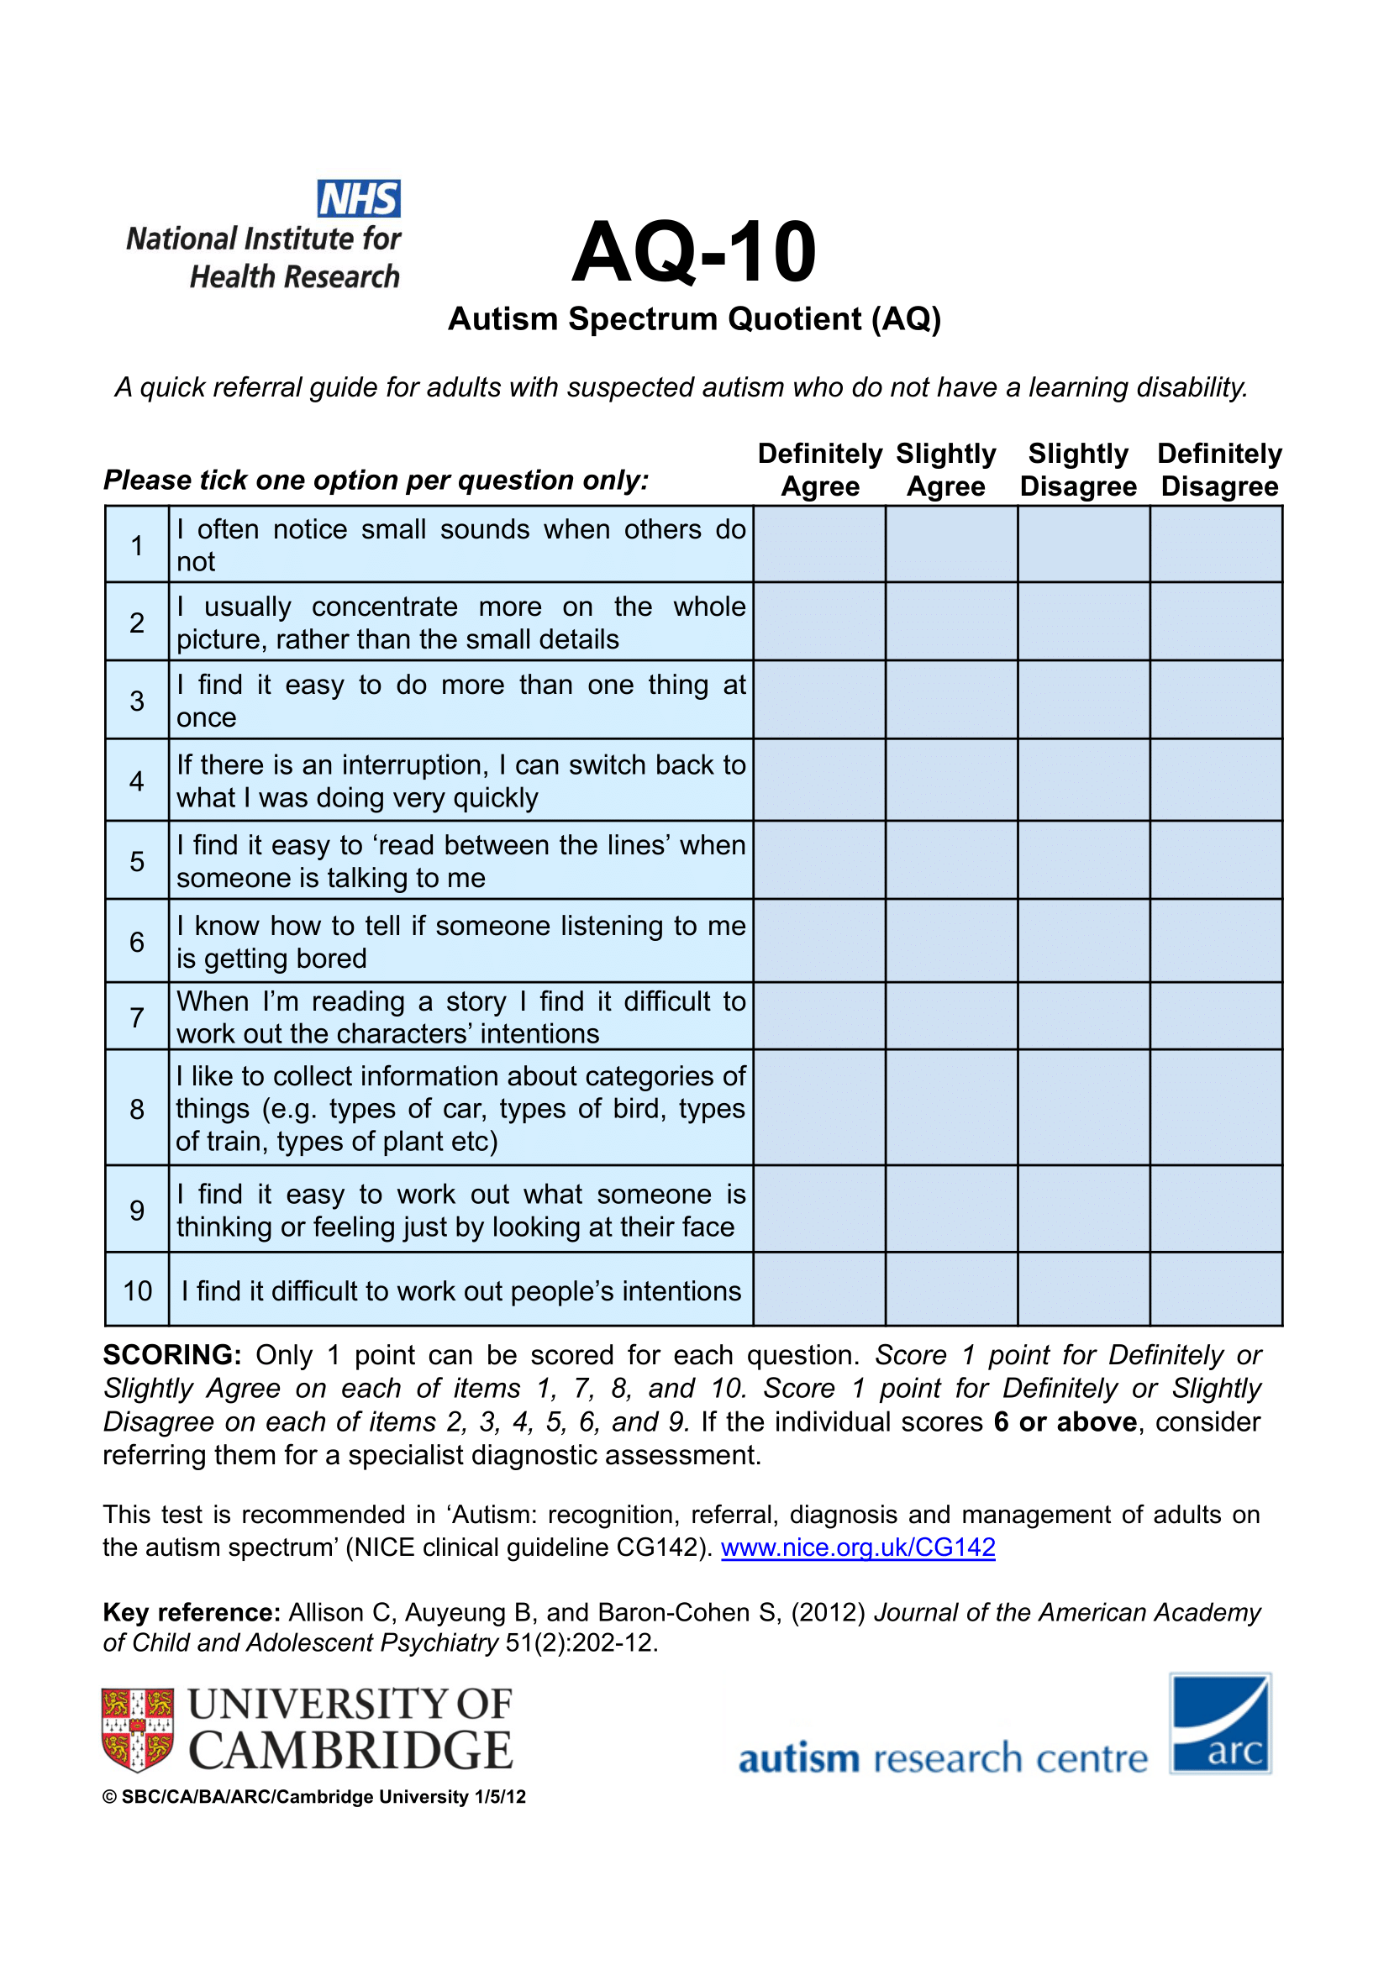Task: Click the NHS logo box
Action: (359, 198)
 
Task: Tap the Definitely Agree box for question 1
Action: (819, 544)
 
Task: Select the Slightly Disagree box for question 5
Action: (1082, 860)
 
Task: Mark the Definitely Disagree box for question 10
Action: (1215, 1289)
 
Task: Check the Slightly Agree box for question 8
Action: (951, 1107)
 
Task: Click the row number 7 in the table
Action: (137, 1017)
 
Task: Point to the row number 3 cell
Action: (137, 701)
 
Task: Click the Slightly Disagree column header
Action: (1077, 470)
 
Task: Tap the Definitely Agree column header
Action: (819, 470)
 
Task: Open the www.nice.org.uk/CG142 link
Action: (858, 1547)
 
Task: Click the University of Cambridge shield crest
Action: (138, 1730)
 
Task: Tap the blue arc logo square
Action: (1219, 1723)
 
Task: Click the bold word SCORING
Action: (172, 1356)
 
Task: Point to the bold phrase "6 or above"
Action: (1065, 1422)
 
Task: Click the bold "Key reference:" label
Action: (192, 1612)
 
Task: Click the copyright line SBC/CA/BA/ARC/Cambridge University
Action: (314, 1797)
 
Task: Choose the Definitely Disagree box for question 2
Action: (1215, 623)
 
